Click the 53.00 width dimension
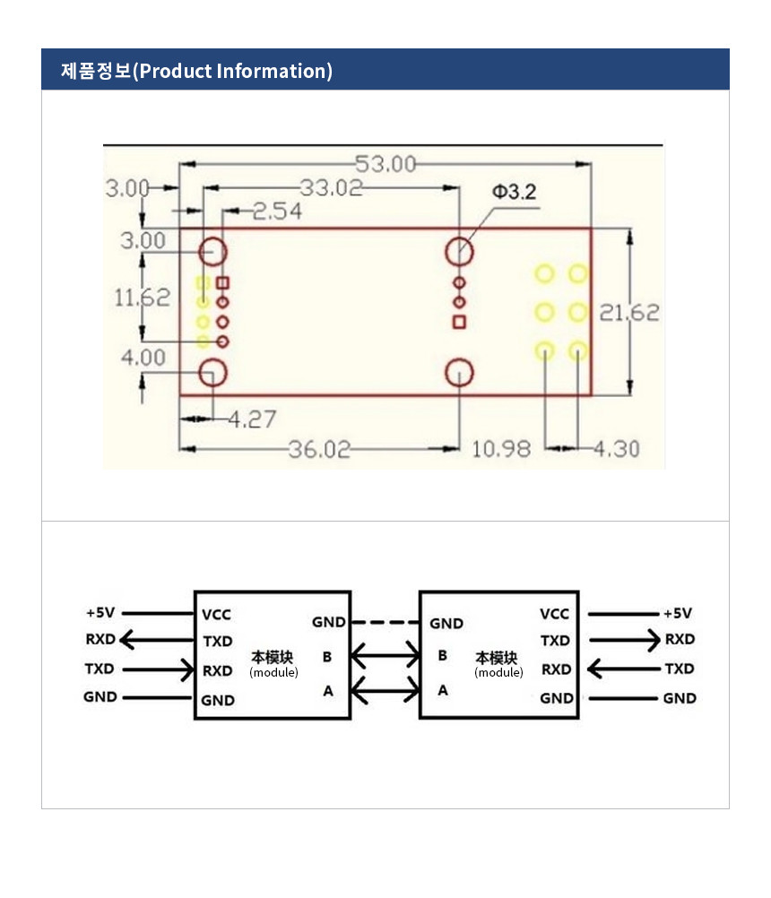385,164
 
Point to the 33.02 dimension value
331,188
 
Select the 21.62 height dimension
629,313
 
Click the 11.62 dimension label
142,298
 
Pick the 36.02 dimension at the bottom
319,449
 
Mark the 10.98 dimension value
501,448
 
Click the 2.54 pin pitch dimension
276,212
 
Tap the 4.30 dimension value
617,448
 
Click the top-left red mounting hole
213,252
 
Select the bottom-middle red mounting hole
459,373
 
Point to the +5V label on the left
100,613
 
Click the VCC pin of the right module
554,614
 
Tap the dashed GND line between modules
385,622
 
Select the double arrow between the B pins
385,657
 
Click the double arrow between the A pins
385,690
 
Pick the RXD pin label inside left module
217,670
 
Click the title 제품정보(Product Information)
196,71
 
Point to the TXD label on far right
679,669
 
